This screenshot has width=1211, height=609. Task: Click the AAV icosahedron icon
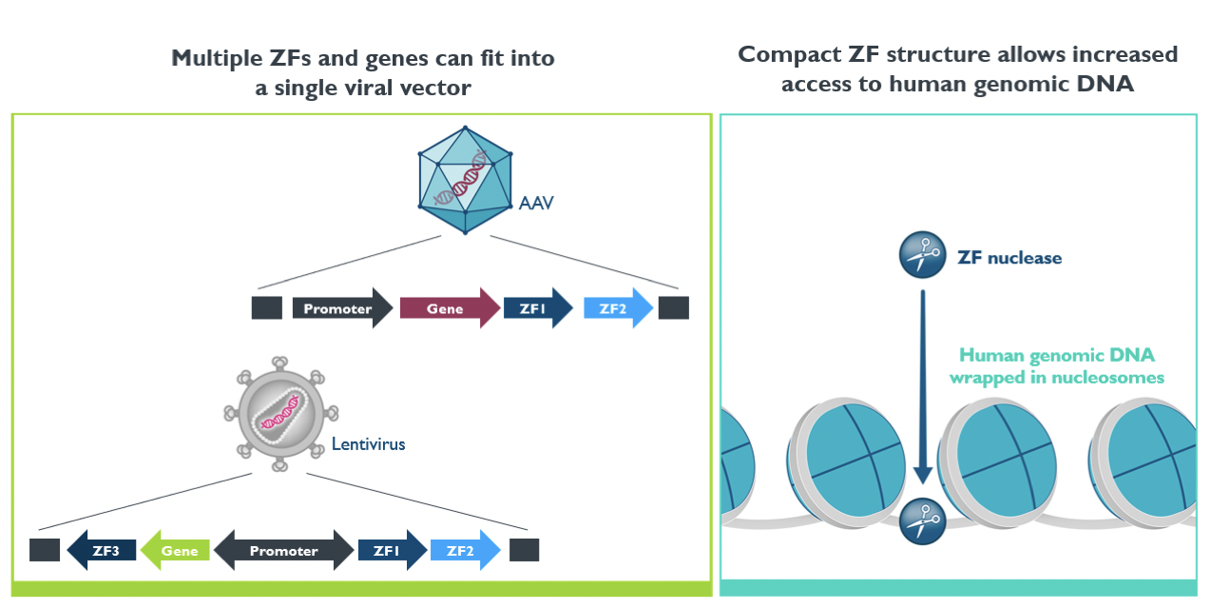point(465,180)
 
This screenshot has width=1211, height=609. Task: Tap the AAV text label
point(536,203)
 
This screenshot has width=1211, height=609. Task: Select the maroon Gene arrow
point(450,308)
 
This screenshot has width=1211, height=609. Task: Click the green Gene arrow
point(175,550)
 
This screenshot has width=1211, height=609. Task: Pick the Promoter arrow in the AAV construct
point(342,308)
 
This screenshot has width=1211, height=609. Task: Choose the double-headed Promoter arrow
point(284,550)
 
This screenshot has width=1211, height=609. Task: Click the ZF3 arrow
point(101,550)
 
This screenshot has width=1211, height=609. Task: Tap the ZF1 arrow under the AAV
point(538,308)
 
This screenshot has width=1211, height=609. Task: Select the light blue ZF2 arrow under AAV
point(618,308)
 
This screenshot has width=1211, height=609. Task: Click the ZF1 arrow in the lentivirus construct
point(393,550)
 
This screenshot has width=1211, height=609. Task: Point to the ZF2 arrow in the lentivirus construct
point(466,550)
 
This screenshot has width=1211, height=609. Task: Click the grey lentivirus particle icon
point(281,414)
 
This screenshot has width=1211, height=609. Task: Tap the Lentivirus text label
point(368,444)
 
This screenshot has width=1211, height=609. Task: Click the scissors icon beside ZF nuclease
point(922,255)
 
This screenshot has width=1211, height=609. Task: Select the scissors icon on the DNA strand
point(922,521)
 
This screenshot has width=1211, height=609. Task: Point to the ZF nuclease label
point(1009,258)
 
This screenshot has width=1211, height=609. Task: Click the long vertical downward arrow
point(922,387)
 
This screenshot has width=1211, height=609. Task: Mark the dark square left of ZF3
point(45,550)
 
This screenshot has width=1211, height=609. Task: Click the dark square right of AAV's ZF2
point(674,308)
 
